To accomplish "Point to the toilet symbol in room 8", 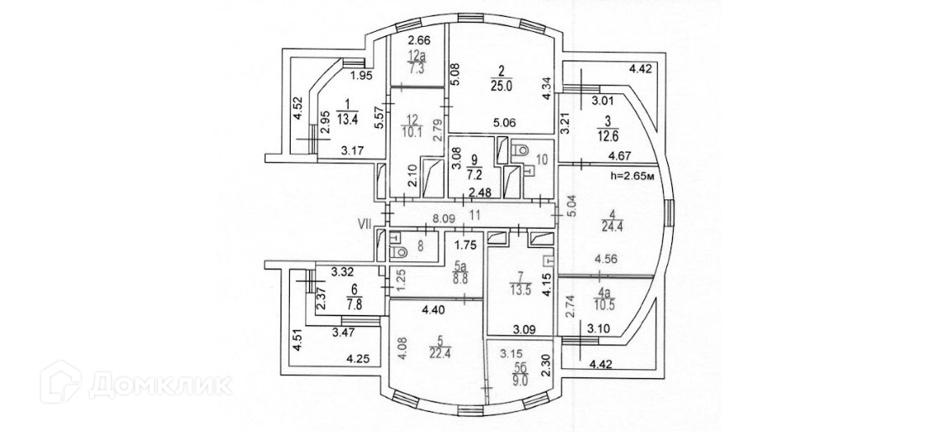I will pyautogui.click(x=402, y=250).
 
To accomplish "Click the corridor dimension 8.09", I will pyautogui.click(x=444, y=216).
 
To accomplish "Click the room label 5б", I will pyautogui.click(x=520, y=367).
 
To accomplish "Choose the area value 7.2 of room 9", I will pyautogui.click(x=474, y=178).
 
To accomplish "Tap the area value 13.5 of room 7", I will pyautogui.click(x=523, y=293).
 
